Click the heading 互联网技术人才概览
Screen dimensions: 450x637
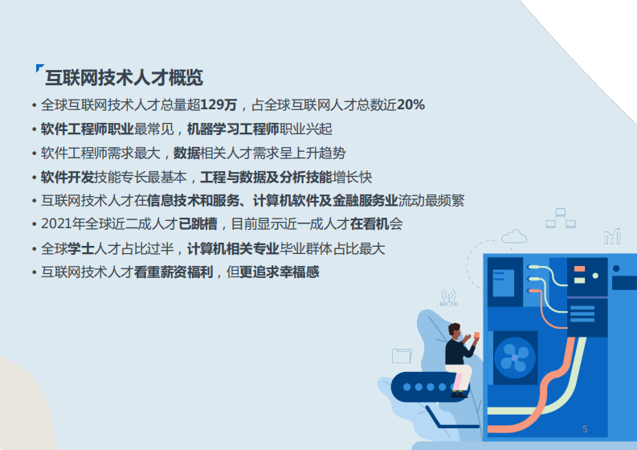(124, 78)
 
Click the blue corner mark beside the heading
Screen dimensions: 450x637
(40, 68)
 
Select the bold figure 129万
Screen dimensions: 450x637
(218, 105)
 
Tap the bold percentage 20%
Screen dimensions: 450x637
(410, 105)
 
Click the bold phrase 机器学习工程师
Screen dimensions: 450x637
(233, 129)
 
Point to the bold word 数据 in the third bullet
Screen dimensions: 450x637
(186, 153)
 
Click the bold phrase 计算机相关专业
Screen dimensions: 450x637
(232, 248)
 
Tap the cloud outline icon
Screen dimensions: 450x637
(514, 236)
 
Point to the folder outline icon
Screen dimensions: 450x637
(402, 355)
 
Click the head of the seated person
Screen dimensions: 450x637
(455, 329)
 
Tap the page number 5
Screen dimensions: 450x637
(585, 429)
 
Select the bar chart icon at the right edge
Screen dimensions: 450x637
(612, 235)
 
